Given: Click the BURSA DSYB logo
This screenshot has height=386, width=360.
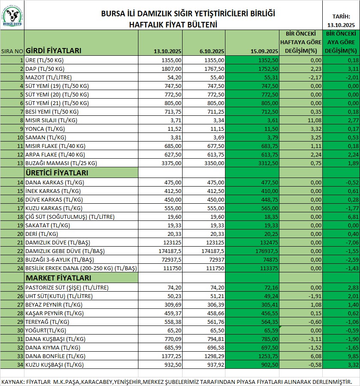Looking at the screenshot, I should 12,15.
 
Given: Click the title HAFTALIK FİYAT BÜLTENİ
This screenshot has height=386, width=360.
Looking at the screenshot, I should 173,24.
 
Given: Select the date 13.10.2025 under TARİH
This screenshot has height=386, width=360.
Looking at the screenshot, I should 341,24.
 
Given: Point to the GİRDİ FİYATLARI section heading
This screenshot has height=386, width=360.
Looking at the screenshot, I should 54,51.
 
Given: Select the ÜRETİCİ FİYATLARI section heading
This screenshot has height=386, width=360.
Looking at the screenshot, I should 57,173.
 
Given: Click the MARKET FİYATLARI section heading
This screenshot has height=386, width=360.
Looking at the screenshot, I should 55,277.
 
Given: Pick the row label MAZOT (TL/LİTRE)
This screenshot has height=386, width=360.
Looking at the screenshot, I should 48,77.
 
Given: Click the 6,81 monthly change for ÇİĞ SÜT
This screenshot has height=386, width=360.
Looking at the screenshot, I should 350,217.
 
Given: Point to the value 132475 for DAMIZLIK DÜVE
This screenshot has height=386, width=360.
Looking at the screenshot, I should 268,242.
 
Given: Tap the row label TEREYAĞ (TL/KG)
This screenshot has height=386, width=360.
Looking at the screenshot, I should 44,322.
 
